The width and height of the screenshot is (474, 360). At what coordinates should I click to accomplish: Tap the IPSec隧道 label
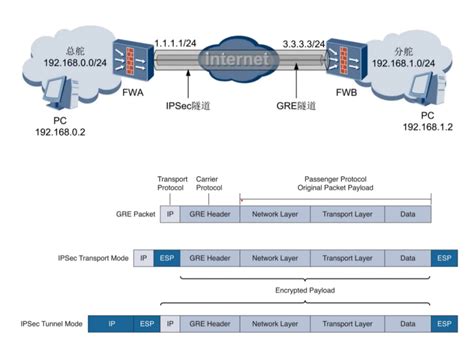point(190,104)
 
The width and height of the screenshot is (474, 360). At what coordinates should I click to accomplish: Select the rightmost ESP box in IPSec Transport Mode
point(443,257)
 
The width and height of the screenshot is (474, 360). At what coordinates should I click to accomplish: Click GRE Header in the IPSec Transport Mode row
point(208,257)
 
